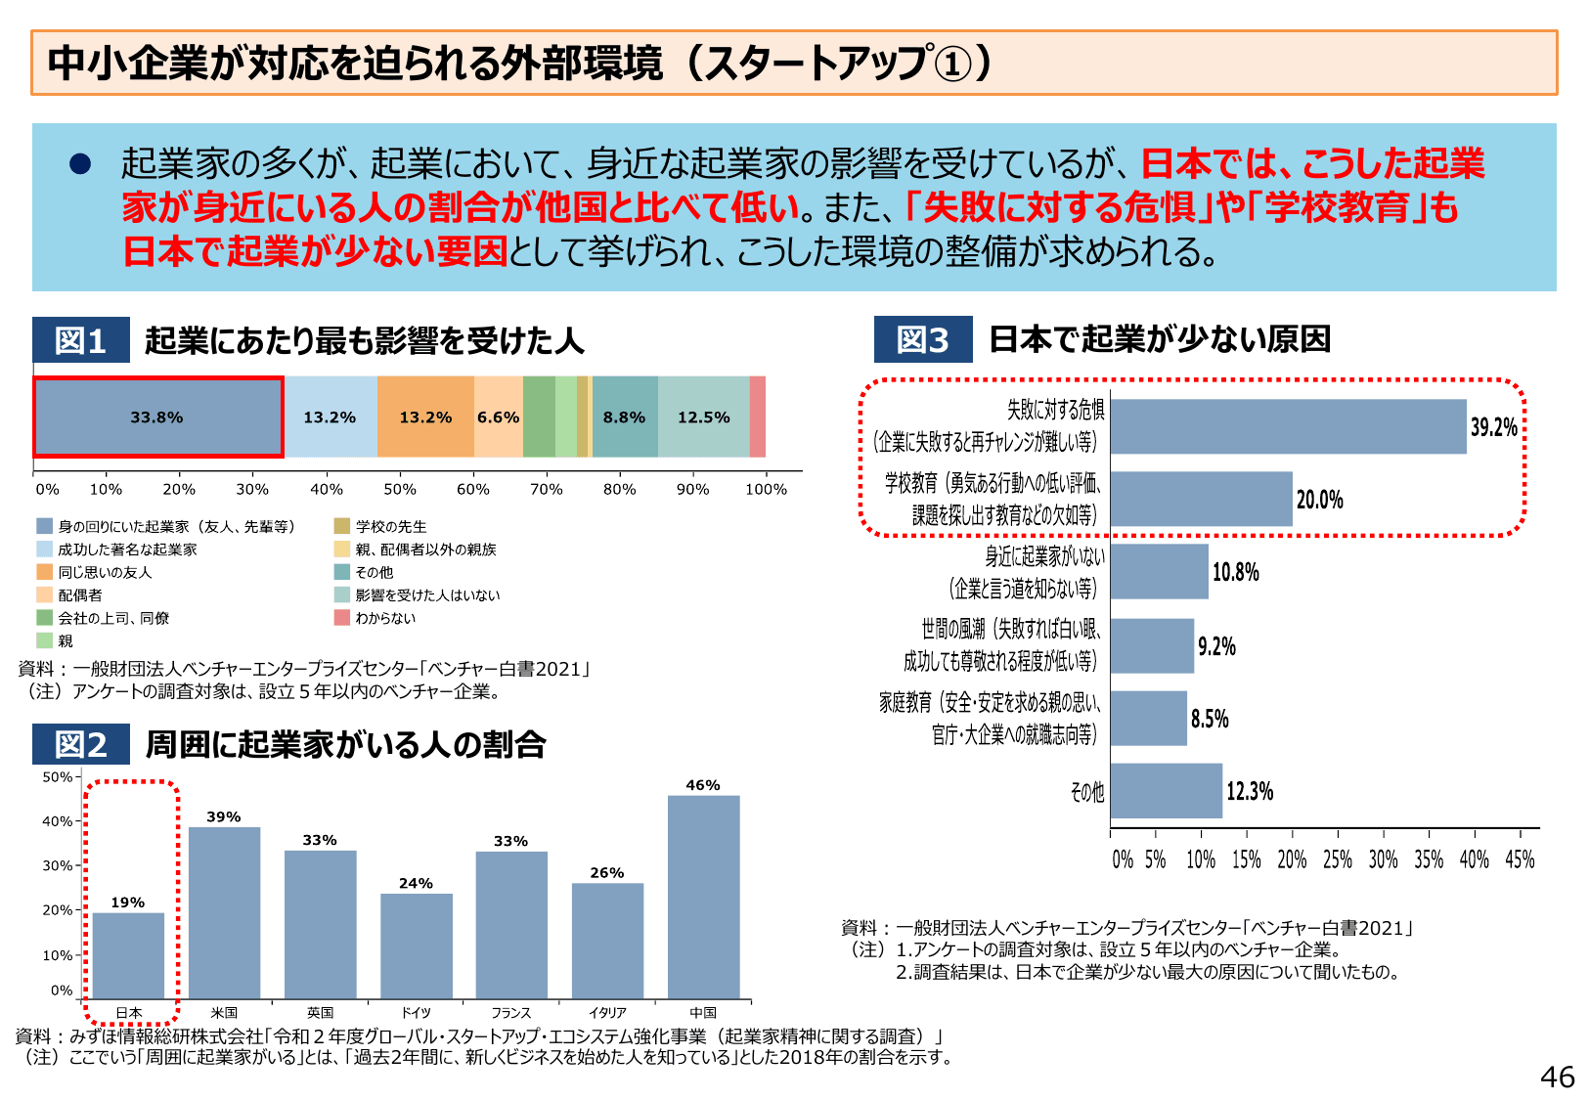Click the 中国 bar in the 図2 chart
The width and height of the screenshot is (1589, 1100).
click(x=703, y=897)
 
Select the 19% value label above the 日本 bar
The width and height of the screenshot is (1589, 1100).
click(x=127, y=902)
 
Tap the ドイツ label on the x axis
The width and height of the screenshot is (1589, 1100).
click(x=416, y=1013)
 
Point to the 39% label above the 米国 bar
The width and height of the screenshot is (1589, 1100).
click(x=223, y=816)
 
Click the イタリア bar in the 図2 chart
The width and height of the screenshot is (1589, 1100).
click(x=607, y=941)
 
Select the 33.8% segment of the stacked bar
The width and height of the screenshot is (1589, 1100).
click(x=158, y=418)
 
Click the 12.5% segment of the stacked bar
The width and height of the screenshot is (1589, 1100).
click(x=703, y=418)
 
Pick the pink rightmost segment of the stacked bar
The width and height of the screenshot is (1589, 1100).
click(x=757, y=418)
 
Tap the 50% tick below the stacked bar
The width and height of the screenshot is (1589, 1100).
click(x=399, y=489)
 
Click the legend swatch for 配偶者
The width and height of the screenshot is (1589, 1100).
click(x=44, y=594)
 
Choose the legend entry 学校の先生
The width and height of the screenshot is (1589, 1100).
click(x=390, y=526)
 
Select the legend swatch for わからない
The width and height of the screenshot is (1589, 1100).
click(x=341, y=618)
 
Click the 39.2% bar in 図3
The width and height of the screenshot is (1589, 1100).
click(x=1288, y=426)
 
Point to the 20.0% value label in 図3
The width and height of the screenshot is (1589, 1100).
click(x=1319, y=500)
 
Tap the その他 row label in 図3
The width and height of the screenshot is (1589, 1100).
click(x=1086, y=791)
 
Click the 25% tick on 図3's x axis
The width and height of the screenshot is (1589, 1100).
click(x=1337, y=859)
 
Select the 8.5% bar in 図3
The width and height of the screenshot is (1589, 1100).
click(x=1148, y=719)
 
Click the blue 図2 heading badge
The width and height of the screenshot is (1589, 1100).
click(x=80, y=744)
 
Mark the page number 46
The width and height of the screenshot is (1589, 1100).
click(x=1557, y=1077)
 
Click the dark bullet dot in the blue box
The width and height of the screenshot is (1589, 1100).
click(x=80, y=163)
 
